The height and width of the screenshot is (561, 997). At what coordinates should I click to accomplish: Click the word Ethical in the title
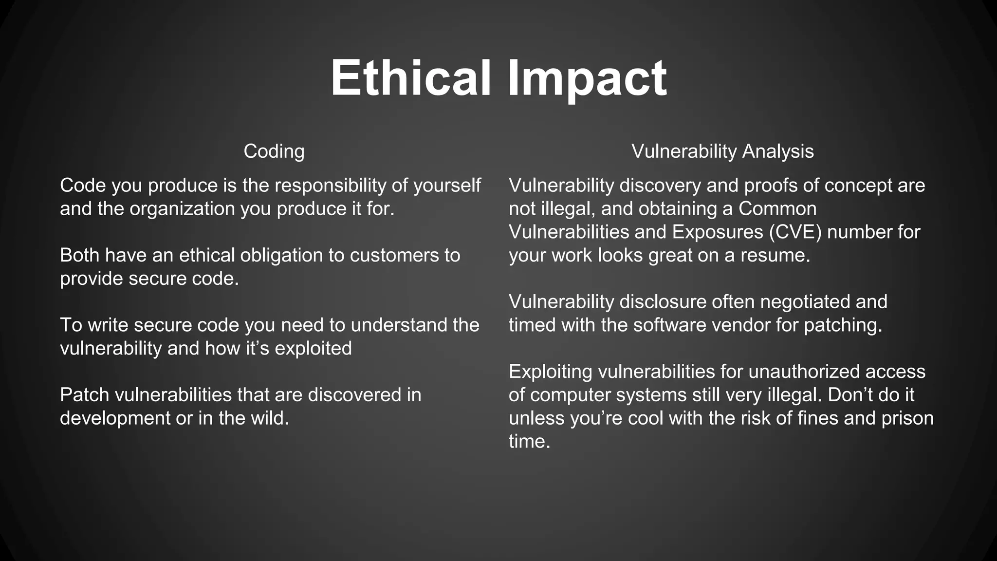(x=410, y=78)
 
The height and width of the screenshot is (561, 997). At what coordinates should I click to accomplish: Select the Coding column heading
(x=274, y=151)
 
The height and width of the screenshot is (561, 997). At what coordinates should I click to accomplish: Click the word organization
(x=182, y=209)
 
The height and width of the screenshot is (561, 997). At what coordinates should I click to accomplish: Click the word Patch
(x=84, y=395)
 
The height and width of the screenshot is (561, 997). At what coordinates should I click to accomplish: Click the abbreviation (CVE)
(x=795, y=232)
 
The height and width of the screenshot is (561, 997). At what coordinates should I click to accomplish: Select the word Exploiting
(x=550, y=372)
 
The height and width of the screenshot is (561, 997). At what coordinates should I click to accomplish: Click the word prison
(x=907, y=418)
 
